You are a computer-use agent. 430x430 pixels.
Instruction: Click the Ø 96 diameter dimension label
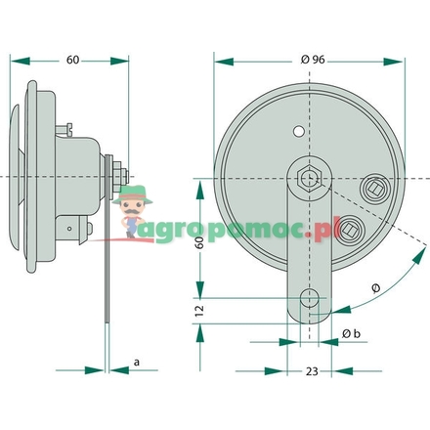click(x=312, y=60)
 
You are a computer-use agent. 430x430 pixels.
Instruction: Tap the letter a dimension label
click(x=136, y=363)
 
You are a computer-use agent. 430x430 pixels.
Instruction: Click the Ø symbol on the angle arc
click(x=376, y=287)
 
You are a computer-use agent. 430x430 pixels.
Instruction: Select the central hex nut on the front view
click(x=309, y=178)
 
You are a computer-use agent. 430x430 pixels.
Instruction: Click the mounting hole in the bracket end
click(x=310, y=297)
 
